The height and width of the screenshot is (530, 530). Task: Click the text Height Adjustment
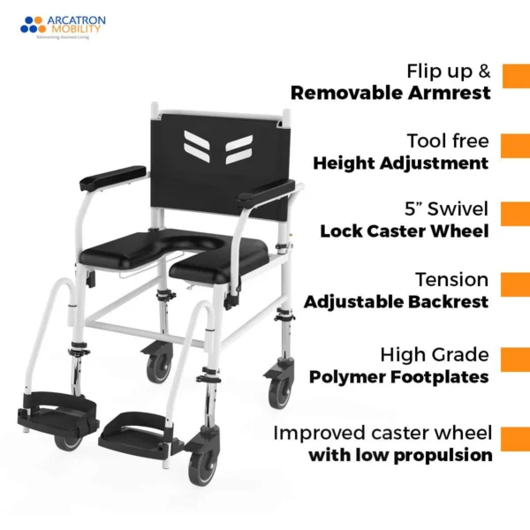pos(400,163)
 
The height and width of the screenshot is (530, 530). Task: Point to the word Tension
pos(452,279)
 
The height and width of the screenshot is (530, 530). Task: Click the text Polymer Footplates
pos(398,376)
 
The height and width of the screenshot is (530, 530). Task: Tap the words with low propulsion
pos(399,456)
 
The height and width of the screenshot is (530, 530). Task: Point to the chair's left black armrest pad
pos(111,177)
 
